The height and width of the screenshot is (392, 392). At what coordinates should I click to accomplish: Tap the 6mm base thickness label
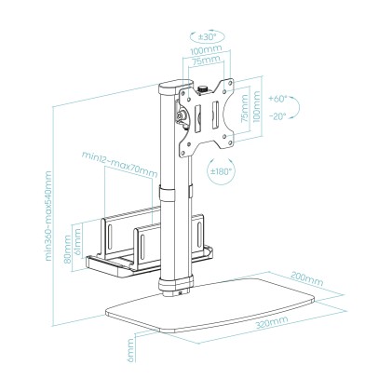tap(133, 353)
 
